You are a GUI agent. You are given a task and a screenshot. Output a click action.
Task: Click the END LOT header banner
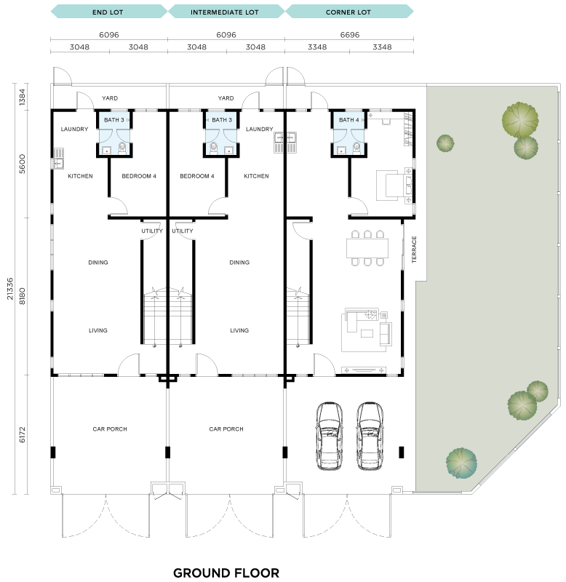pyautogui.click(x=108, y=12)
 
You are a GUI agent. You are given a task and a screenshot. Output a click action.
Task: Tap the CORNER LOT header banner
pyautogui.click(x=349, y=12)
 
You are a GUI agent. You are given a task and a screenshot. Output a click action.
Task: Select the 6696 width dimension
pyautogui.click(x=350, y=35)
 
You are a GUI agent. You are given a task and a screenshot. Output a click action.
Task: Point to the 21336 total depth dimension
pyautogui.click(x=10, y=288)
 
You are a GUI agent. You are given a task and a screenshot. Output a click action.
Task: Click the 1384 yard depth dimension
pyautogui.click(x=23, y=97)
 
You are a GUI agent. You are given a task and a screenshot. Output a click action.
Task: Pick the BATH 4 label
pyautogui.click(x=349, y=120)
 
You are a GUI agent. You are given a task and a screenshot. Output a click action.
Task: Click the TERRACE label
pyautogui.click(x=414, y=250)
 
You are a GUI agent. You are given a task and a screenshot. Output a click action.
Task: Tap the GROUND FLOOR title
pyautogui.click(x=226, y=573)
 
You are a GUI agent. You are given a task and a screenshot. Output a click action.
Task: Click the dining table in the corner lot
pyautogui.click(x=367, y=248)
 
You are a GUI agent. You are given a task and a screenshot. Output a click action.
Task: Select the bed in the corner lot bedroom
pyautogui.click(x=395, y=186)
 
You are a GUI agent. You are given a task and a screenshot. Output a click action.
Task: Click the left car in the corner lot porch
pyautogui.click(x=330, y=436)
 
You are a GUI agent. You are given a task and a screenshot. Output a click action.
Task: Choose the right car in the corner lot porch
pyautogui.click(x=370, y=436)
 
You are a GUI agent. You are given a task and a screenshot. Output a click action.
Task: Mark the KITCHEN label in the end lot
pyautogui.click(x=80, y=176)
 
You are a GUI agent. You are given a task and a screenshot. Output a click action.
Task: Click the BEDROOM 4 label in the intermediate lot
pyautogui.click(x=197, y=176)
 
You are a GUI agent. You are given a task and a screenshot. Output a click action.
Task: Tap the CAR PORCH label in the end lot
pyautogui.click(x=110, y=429)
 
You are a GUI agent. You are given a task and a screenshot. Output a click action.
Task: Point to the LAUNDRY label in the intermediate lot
pyautogui.click(x=260, y=129)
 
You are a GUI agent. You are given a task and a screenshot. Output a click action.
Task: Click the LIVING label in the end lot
pyautogui.click(x=98, y=330)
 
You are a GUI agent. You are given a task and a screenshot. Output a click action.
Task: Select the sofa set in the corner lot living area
pyautogui.click(x=367, y=330)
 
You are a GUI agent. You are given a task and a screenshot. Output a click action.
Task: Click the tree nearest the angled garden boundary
pyautogui.click(x=461, y=463)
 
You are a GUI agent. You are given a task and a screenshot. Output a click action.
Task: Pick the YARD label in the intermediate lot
pyautogui.click(x=226, y=98)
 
